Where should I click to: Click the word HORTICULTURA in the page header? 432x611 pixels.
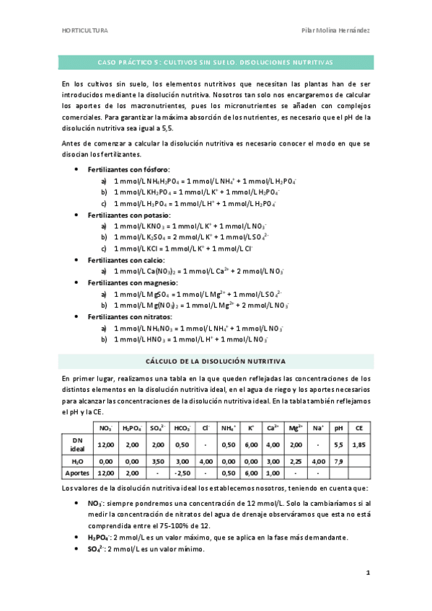(x=85, y=30)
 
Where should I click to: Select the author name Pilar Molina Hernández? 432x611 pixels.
(x=335, y=30)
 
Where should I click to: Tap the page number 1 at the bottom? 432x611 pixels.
(x=368, y=574)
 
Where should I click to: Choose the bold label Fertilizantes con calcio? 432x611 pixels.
(x=126, y=259)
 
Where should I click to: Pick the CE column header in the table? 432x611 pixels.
(x=358, y=427)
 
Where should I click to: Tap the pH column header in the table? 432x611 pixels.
(x=338, y=427)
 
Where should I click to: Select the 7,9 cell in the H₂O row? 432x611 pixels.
(x=338, y=461)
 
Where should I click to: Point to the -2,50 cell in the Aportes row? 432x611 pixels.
(x=182, y=473)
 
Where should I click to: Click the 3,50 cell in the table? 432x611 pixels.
(x=158, y=461)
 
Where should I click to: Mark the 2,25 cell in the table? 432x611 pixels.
(x=295, y=461)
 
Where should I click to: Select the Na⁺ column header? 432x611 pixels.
(x=319, y=427)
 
